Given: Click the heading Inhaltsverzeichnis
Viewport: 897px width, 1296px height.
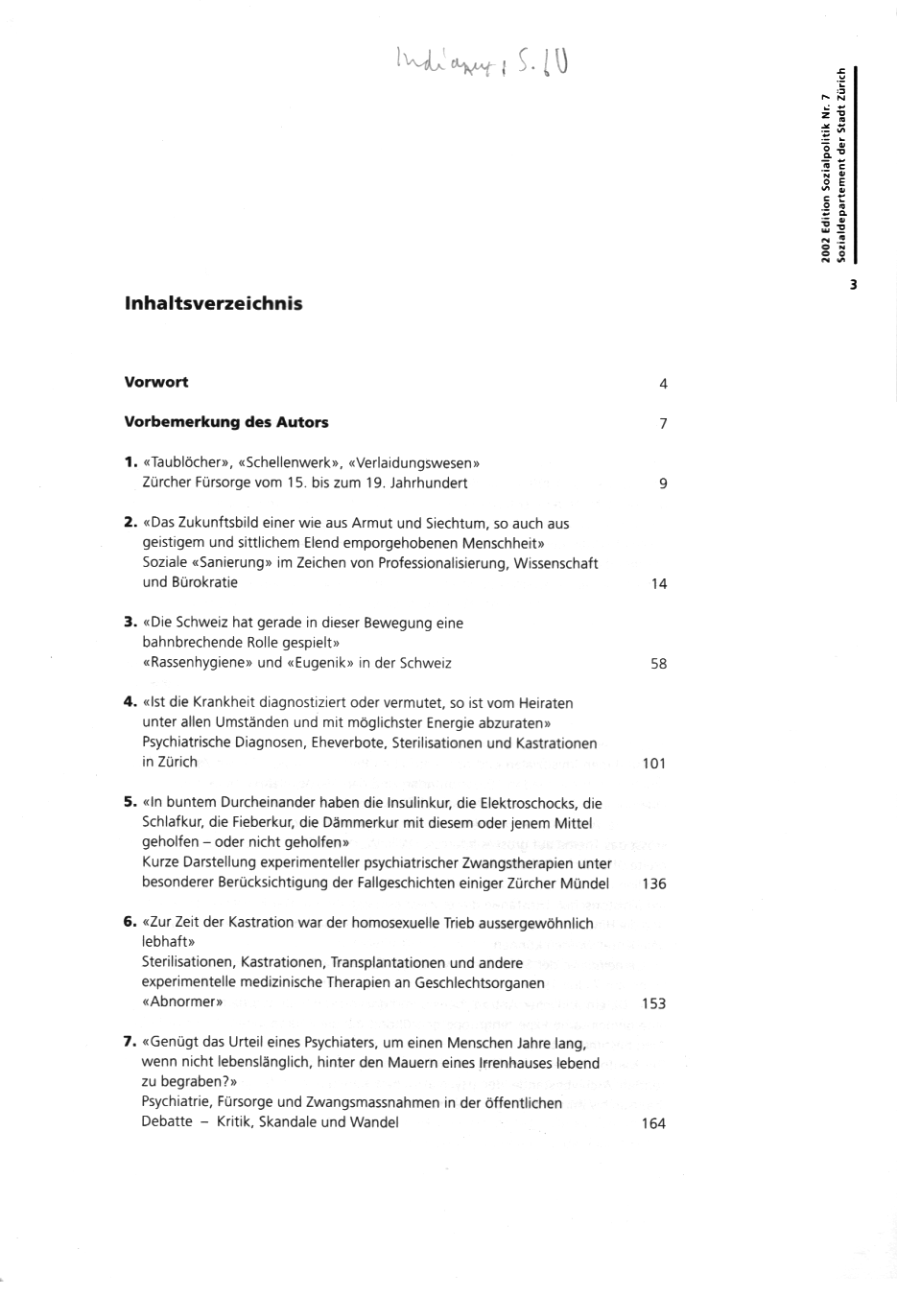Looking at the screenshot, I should click(213, 304).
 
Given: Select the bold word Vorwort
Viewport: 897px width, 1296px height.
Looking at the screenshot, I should click(156, 382).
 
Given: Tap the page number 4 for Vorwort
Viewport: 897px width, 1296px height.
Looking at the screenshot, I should click(663, 384).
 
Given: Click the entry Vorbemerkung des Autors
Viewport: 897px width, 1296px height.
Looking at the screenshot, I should click(226, 422).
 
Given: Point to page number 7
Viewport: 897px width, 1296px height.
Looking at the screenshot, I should click(663, 424).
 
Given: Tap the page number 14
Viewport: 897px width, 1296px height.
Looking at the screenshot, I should click(658, 583).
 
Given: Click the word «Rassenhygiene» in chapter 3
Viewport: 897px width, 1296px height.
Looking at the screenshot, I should click(198, 663).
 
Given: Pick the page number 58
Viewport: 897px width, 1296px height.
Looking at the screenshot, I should click(658, 663).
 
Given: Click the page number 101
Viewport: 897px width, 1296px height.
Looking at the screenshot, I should click(653, 764).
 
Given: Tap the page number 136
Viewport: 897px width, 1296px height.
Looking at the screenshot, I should click(653, 884).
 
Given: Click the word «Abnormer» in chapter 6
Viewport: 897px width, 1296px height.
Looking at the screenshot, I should click(182, 1002).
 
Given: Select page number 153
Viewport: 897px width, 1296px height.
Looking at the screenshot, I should click(653, 1003).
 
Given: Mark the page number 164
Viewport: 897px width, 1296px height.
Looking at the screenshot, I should click(653, 1123).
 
